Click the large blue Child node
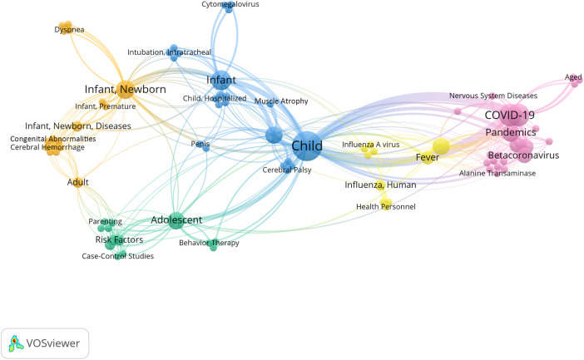click(x=307, y=146)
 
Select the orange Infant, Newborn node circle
click(x=126, y=89)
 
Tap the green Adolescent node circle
click(x=176, y=220)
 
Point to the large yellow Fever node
click(x=441, y=146)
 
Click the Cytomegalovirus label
click(x=230, y=4)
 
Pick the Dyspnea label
click(x=69, y=29)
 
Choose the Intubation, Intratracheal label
click(x=169, y=52)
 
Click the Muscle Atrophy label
click(x=281, y=101)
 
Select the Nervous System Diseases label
click(x=493, y=96)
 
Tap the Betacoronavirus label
click(x=523, y=155)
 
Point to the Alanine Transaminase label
click(x=497, y=173)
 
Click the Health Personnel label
click(x=386, y=207)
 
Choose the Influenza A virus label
click(x=370, y=145)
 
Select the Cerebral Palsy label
click(x=287, y=170)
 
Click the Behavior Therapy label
click(x=209, y=243)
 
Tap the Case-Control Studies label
click(x=117, y=256)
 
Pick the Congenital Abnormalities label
click(x=53, y=139)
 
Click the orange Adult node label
click(x=78, y=182)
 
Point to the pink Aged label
click(x=573, y=77)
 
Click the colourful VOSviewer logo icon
click(x=14, y=343)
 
